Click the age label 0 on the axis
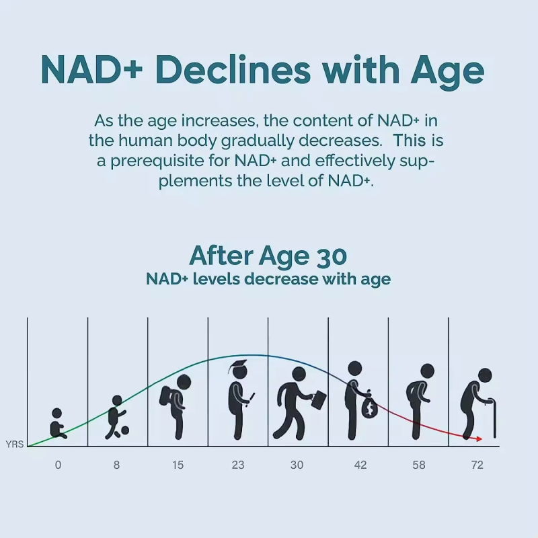coord(58,465)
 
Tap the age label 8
coord(117,465)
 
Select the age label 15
coord(178,465)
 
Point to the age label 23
coord(238,465)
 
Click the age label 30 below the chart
coord(298,465)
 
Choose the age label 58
coord(419,465)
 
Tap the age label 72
coord(477,465)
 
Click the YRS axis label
coord(14,445)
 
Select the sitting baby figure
coord(58,424)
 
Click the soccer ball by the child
coord(124,430)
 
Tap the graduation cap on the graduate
coord(237,368)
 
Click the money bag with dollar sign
coord(368,408)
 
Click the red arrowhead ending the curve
coord(478,438)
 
